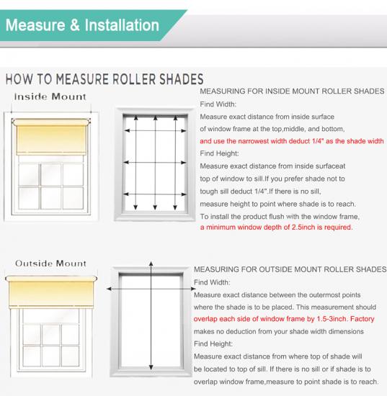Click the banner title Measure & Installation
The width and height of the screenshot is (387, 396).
click(x=82, y=25)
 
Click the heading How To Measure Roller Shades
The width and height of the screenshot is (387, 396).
click(x=104, y=79)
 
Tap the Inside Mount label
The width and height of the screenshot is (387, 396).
click(x=50, y=96)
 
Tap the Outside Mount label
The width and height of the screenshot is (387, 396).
click(x=50, y=264)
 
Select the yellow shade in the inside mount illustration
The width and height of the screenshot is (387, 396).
click(x=51, y=137)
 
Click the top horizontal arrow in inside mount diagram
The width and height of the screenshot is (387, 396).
click(x=156, y=130)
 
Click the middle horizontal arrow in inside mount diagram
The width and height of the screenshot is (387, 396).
click(x=156, y=163)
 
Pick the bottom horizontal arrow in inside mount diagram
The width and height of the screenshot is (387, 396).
click(x=156, y=194)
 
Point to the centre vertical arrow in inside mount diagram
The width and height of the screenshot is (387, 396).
click(x=156, y=163)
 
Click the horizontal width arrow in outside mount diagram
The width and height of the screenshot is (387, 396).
click(x=151, y=289)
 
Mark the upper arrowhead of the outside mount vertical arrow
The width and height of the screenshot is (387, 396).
click(x=151, y=264)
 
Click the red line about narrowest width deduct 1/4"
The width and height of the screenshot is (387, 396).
click(x=292, y=141)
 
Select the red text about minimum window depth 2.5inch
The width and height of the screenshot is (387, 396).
click(x=276, y=228)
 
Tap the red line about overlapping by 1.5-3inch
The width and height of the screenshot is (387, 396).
click(x=284, y=319)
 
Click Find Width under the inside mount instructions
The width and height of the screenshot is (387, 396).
click(x=218, y=104)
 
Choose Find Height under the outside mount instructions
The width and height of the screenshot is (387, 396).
click(x=213, y=343)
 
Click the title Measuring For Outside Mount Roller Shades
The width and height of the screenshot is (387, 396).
click(x=290, y=269)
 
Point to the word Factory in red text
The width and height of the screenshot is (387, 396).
click(x=362, y=319)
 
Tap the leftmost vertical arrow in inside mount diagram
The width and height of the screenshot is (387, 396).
click(x=135, y=163)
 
